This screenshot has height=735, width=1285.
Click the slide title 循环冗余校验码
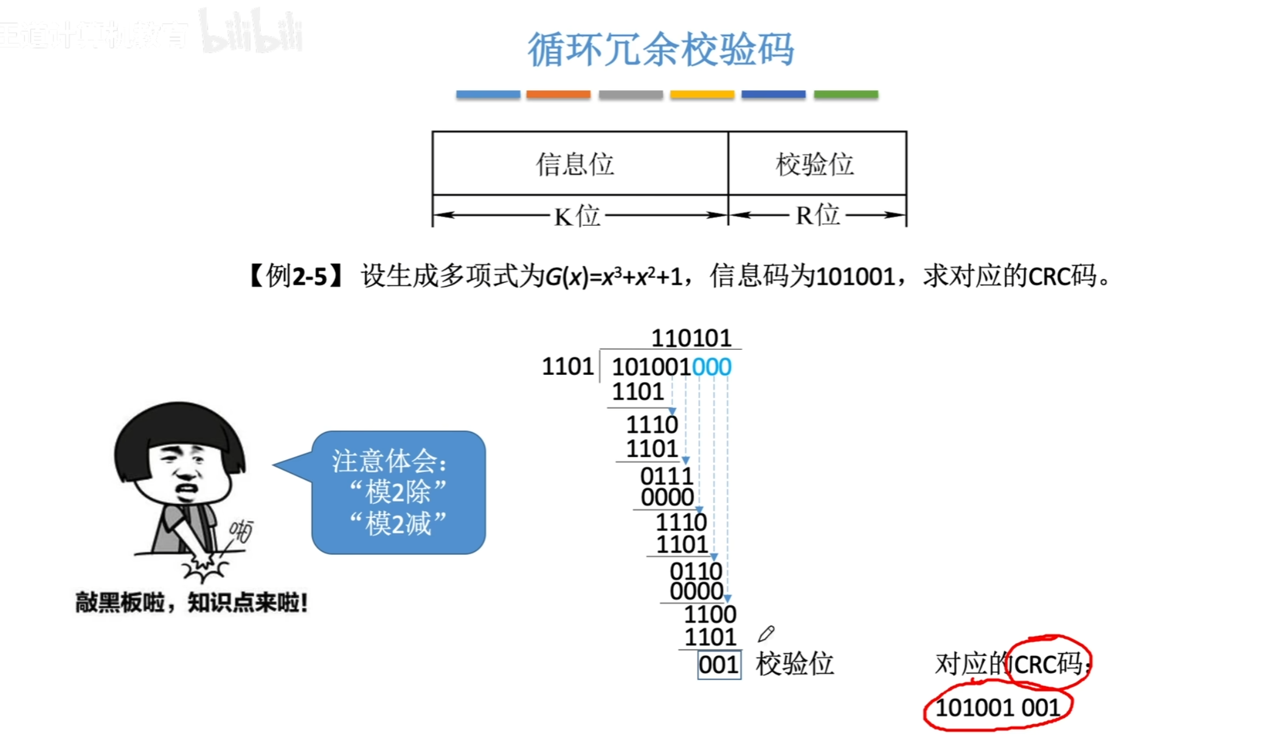[660, 49]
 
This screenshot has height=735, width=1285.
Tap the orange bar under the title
[558, 94]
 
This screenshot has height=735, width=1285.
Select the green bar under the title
[845, 94]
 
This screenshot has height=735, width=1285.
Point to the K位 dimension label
[577, 215]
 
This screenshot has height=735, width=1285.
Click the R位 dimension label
[817, 215]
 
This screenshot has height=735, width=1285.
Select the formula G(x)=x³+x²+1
[613, 277]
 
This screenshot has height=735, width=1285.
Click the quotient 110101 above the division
[691, 338]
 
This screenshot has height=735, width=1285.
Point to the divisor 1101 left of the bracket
[567, 366]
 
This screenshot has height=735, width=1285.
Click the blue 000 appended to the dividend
[712, 367]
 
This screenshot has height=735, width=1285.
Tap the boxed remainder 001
[718, 664]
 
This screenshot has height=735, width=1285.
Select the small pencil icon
[766, 634]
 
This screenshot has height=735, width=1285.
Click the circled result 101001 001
[997, 708]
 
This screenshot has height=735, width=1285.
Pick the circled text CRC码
[1047, 663]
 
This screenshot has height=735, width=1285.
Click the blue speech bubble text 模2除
[398, 492]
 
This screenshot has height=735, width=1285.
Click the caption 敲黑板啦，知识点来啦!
[191, 602]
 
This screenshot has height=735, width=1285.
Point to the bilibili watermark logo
[251, 32]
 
